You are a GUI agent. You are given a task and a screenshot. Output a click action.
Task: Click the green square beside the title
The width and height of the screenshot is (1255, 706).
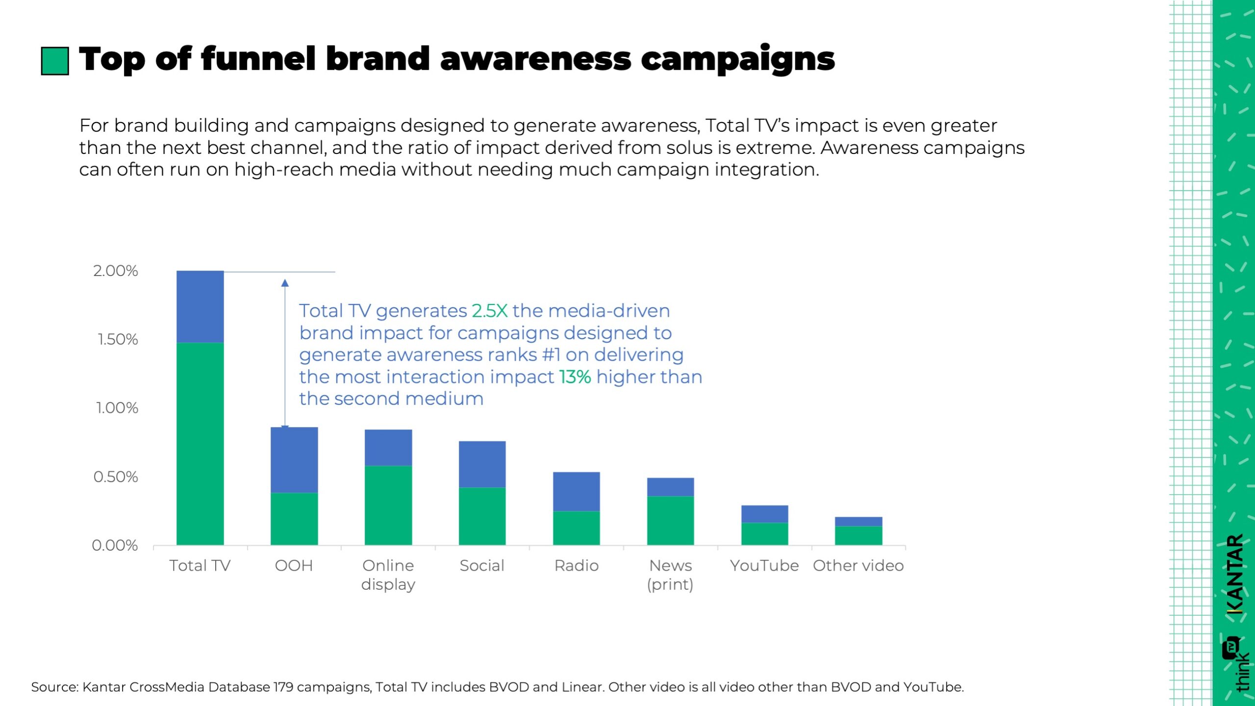tap(54, 61)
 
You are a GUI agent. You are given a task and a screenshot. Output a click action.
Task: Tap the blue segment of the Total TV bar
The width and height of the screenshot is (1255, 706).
tap(200, 306)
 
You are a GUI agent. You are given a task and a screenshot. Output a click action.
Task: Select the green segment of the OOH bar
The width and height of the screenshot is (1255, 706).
tap(294, 519)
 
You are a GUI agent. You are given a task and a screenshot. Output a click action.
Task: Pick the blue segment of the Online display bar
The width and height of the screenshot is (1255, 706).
tap(388, 448)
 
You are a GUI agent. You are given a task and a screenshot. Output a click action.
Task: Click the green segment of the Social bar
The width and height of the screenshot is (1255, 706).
tap(482, 516)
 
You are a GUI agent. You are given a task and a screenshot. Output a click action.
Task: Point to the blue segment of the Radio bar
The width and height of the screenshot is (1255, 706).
tap(576, 491)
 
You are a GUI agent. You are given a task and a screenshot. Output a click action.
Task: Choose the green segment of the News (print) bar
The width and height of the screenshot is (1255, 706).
tap(670, 520)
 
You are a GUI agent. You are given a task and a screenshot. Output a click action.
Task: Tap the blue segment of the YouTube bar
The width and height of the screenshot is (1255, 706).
tap(764, 514)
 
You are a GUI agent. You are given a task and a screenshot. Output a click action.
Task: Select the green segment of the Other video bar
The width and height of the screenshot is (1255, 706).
tap(858, 535)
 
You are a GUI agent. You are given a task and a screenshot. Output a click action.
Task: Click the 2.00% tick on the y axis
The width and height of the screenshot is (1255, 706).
tap(116, 271)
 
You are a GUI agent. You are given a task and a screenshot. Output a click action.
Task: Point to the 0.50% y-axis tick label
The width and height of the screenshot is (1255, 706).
tap(116, 477)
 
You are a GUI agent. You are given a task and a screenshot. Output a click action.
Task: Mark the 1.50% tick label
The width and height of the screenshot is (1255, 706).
tap(118, 339)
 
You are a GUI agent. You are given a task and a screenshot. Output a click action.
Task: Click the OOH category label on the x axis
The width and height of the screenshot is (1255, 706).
tap(294, 566)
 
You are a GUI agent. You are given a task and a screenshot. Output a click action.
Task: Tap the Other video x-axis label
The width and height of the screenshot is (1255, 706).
tap(858, 566)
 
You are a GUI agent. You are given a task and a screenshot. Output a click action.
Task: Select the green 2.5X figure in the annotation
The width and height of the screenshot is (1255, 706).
tap(489, 311)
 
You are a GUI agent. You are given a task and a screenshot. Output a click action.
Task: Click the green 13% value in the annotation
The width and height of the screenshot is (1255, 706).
tap(575, 377)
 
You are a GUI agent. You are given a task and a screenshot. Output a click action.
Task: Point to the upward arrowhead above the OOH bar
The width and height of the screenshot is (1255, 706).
tap(285, 283)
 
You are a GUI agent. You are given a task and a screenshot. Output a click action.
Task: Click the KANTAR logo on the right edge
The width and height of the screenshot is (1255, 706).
tap(1235, 574)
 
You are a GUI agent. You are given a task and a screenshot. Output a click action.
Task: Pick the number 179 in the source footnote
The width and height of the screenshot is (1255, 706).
tap(283, 687)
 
